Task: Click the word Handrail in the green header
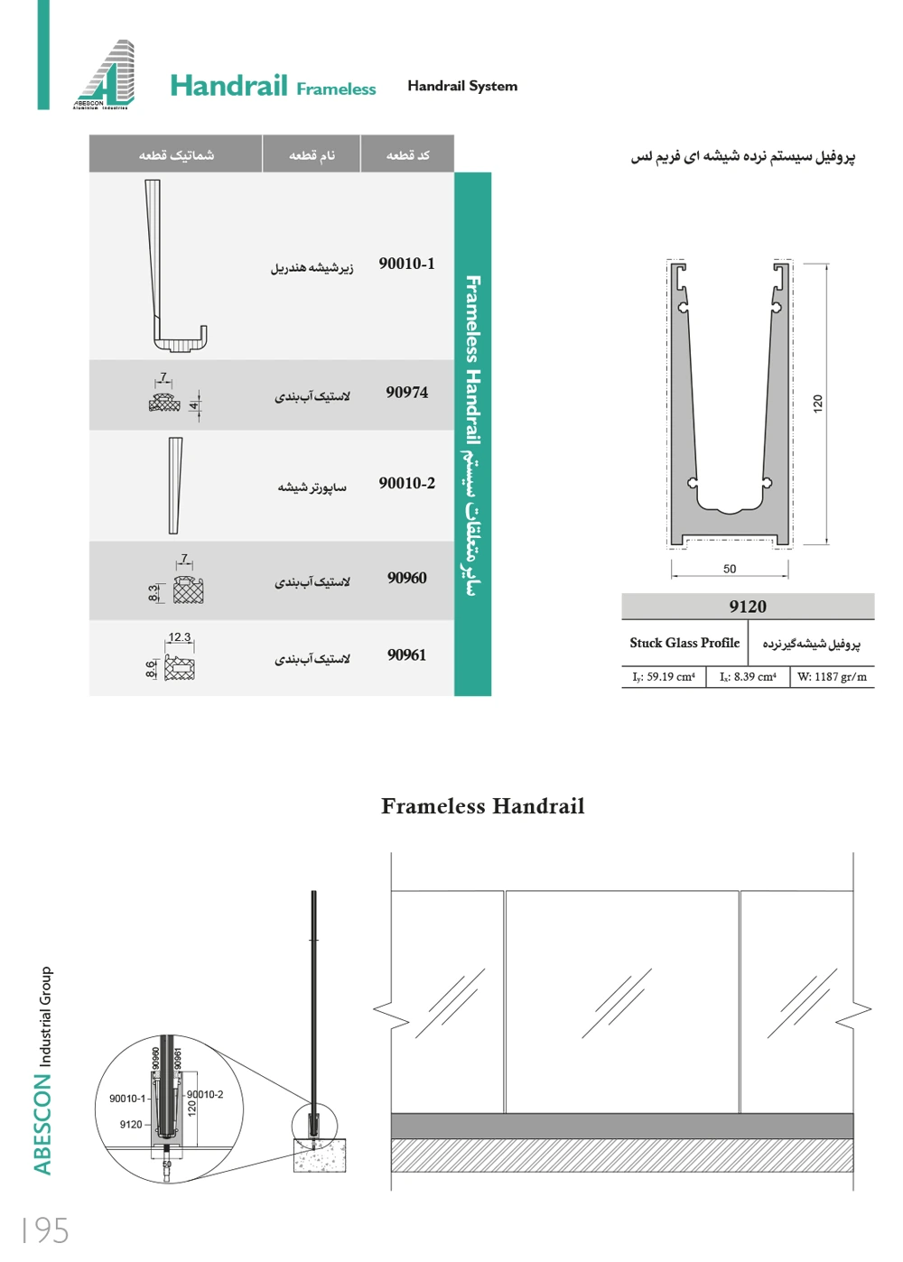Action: tap(228, 86)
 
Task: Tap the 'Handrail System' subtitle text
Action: tap(462, 86)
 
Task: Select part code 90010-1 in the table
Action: tap(406, 264)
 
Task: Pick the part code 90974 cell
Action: tap(406, 393)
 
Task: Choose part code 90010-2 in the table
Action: tap(406, 484)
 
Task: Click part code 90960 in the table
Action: tap(406, 578)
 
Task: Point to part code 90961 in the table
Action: tap(406, 655)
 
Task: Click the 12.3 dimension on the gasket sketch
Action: tap(180, 637)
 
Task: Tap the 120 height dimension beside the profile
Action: tap(818, 404)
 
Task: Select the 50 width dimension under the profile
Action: tap(730, 569)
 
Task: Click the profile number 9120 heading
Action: tap(748, 607)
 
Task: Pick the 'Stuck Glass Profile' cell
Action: tap(684, 643)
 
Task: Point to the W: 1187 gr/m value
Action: tap(832, 677)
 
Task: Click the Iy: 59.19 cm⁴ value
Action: tap(664, 677)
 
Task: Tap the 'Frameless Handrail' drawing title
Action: tap(482, 806)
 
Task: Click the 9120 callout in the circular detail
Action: tap(131, 1125)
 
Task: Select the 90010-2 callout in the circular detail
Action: tap(205, 1095)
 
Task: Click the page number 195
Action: tap(45, 1230)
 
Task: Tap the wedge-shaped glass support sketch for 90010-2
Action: tap(175, 486)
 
